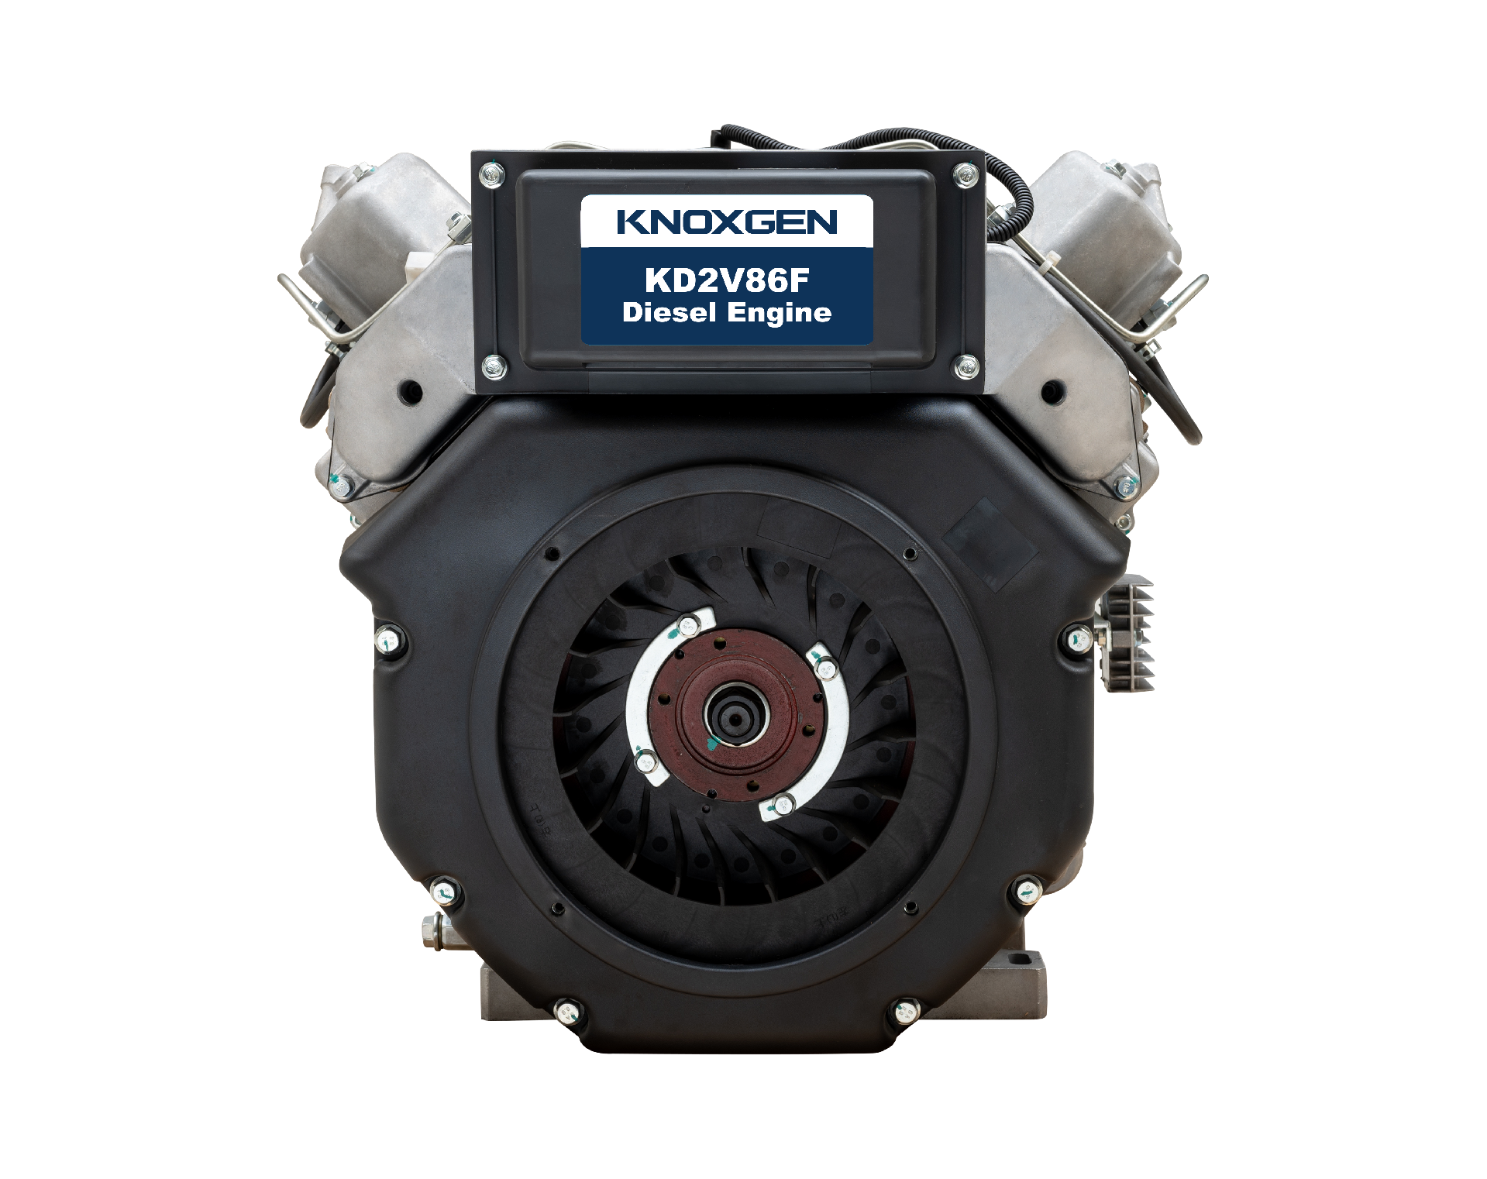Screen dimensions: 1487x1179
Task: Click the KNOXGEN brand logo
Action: tap(727, 222)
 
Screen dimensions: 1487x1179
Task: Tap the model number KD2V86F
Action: tap(727, 280)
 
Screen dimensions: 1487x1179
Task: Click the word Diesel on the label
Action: tap(669, 313)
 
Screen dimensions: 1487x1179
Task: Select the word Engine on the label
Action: tap(780, 314)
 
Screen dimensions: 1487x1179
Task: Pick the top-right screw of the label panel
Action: tap(965, 174)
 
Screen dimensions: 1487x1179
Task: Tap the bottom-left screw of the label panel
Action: tap(494, 366)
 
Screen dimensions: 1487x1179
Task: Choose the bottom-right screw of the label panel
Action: tap(966, 366)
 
